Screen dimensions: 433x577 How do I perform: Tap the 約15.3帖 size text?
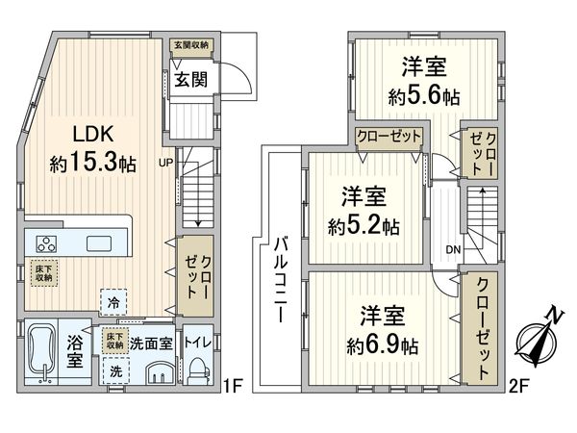(x=92, y=163)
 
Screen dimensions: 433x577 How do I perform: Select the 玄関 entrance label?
(x=191, y=79)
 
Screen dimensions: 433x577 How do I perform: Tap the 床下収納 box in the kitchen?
(x=42, y=272)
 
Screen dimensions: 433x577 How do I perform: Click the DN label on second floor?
(x=453, y=249)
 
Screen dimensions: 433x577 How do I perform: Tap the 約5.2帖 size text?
(x=364, y=227)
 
